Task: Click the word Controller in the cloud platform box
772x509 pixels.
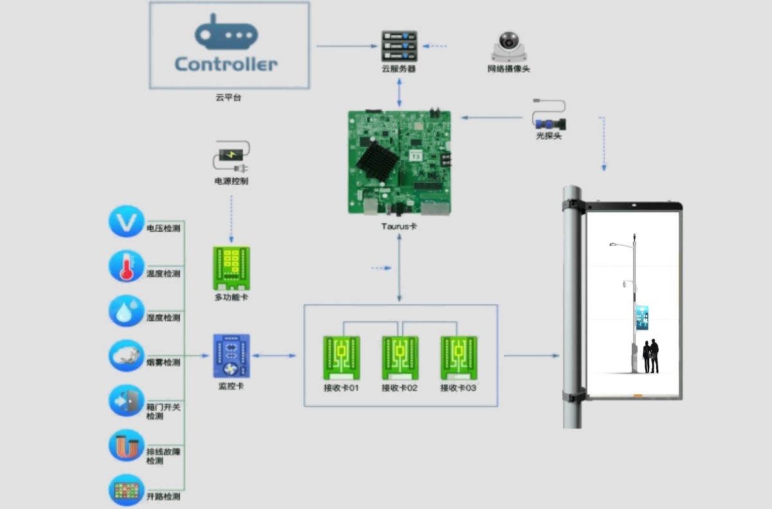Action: (226, 64)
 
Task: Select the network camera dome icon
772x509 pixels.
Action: (509, 47)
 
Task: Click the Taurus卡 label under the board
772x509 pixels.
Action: (399, 227)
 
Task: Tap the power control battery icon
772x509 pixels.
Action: (231, 156)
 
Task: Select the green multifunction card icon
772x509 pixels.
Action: (231, 268)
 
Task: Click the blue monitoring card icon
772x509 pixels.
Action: (231, 356)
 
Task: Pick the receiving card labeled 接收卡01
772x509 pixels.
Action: (341, 358)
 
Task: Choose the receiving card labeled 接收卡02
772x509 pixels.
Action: (400, 358)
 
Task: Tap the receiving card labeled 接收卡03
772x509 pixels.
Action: (458, 358)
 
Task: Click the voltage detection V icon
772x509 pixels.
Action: (126, 222)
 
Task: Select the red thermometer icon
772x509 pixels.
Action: (126, 266)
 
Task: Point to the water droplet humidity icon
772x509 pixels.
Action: (126, 311)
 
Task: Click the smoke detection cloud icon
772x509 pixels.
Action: (126, 356)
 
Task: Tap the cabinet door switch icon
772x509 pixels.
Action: (126, 401)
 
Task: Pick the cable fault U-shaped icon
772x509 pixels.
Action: (126, 445)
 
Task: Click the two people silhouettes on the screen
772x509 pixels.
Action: (650, 356)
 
